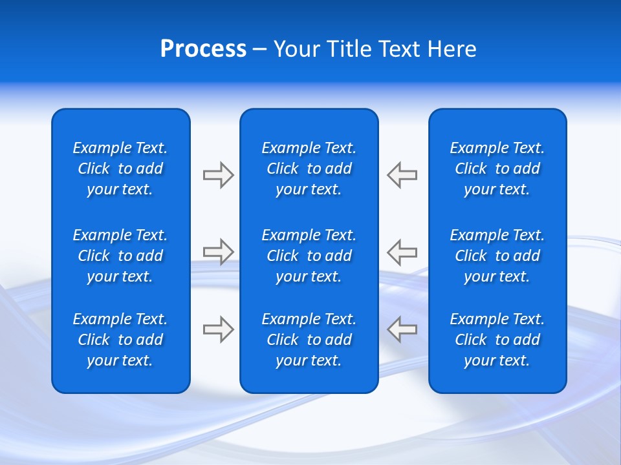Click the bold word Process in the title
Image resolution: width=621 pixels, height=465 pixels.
coord(203,49)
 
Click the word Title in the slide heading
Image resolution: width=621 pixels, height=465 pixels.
coord(348,49)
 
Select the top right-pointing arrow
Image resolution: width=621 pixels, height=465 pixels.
coord(218,175)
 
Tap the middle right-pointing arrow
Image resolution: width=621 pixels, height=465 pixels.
coord(218,251)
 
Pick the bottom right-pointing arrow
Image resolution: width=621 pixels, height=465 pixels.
coord(218,329)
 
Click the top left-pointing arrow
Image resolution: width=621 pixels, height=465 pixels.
coord(402,175)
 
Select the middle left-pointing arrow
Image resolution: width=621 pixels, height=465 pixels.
coord(402,251)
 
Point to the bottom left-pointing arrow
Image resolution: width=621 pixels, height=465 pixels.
coord(402,329)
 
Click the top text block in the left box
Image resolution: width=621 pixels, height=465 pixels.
coord(120,169)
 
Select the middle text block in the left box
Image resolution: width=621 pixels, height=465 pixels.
coord(120,256)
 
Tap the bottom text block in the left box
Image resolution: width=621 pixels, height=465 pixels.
coord(120,340)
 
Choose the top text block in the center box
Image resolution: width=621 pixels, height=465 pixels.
coord(309,169)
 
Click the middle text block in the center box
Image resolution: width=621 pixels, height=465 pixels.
coord(309,256)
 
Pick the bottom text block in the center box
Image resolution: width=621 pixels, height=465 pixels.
coord(309,340)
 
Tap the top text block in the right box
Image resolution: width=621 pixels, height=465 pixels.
coord(497,169)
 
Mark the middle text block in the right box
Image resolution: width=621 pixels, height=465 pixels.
coord(497,256)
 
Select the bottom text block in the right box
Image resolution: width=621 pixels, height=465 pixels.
coord(497,340)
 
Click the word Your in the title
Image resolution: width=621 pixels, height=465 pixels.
coord(297,49)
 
